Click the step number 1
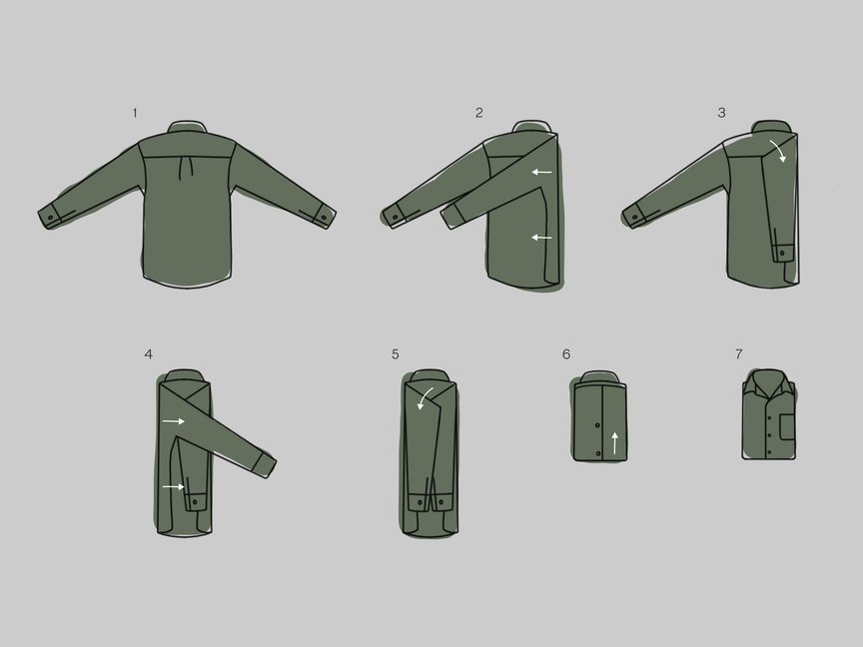click(x=135, y=113)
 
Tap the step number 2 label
click(x=479, y=113)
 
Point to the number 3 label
click(x=721, y=113)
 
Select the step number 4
click(x=149, y=353)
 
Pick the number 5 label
click(x=396, y=353)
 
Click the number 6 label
click(x=566, y=353)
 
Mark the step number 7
click(x=738, y=353)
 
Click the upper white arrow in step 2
click(x=541, y=173)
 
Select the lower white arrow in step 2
click(x=541, y=238)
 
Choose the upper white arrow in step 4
click(x=174, y=422)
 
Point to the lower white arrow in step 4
click(x=174, y=487)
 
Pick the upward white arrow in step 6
click(x=614, y=441)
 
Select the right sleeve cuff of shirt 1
click(x=322, y=216)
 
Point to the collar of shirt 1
click(x=187, y=127)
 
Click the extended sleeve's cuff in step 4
click(x=265, y=464)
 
